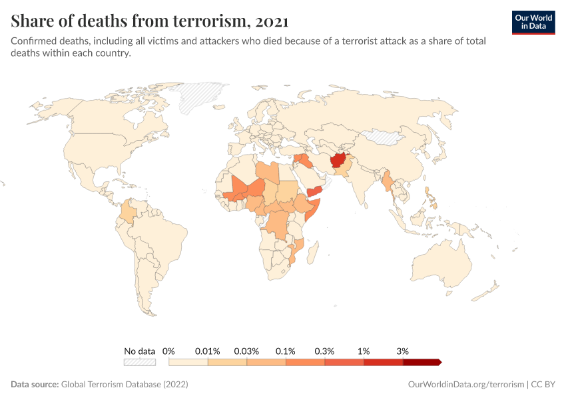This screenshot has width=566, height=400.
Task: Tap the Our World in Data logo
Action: click(x=533, y=21)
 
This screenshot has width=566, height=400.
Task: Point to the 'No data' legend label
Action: click(x=139, y=351)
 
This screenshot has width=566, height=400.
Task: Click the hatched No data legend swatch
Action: click(x=139, y=362)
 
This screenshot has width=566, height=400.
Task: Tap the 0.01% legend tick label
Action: click(x=208, y=351)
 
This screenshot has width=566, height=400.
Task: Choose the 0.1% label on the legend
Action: click(x=286, y=351)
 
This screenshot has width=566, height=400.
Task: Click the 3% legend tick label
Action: click(x=402, y=351)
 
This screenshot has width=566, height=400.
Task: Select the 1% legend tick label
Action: click(x=364, y=351)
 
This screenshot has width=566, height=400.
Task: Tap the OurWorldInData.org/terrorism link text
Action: click(x=465, y=385)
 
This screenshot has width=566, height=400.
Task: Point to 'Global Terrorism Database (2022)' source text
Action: click(x=125, y=385)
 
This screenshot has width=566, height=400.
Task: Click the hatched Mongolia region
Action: click(x=384, y=137)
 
